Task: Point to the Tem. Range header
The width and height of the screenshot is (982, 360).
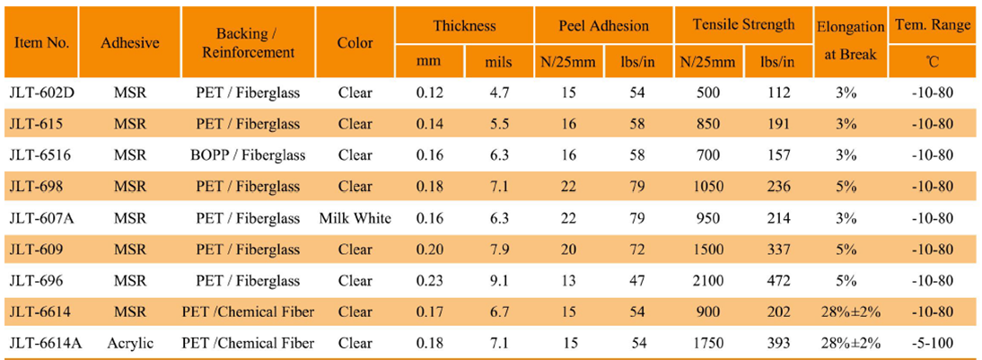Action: pyautogui.click(x=933, y=26)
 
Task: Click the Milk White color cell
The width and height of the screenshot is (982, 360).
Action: pyautogui.click(x=355, y=217)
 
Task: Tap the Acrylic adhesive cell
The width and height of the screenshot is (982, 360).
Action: pyautogui.click(x=130, y=343)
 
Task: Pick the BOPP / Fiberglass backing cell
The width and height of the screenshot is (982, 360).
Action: pyautogui.click(x=249, y=154)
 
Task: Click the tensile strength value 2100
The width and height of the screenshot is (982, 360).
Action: pyautogui.click(x=707, y=280)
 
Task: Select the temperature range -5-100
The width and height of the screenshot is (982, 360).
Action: pyautogui.click(x=933, y=343)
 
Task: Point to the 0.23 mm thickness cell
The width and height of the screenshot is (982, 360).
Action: pyautogui.click(x=430, y=280)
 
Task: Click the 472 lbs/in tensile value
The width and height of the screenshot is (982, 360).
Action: pyautogui.click(x=777, y=280)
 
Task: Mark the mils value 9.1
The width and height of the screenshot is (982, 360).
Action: pyautogui.click(x=498, y=280)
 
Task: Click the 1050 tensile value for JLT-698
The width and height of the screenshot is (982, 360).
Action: pyautogui.click(x=707, y=186)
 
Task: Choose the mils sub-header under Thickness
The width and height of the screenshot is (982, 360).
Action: pyautogui.click(x=498, y=62)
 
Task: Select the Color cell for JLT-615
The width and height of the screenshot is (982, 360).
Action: pyautogui.click(x=355, y=123)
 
